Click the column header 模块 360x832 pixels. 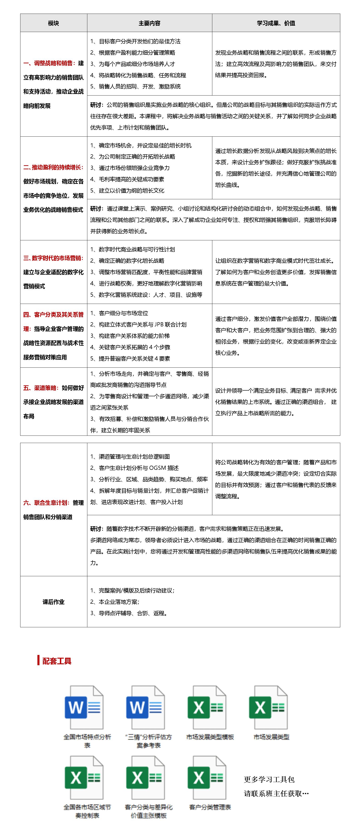coord(53,23)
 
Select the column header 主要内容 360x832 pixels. coord(149,23)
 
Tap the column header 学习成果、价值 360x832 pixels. coord(276,23)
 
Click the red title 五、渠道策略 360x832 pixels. coord(41,388)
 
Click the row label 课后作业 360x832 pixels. coord(54,602)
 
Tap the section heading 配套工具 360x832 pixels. coord(57,661)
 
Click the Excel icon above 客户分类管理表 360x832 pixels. coord(207,778)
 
